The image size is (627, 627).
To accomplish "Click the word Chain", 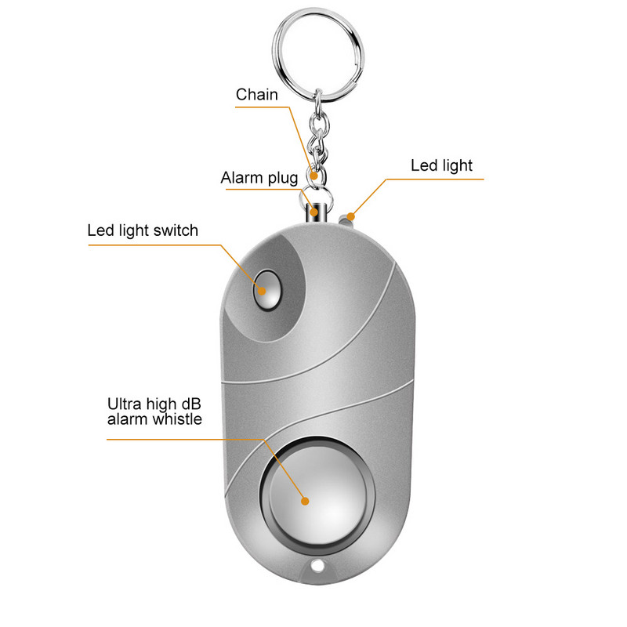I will pos(257,95).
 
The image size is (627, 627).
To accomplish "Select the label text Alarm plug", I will pos(259,178).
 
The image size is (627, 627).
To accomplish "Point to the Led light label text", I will pos(441,165).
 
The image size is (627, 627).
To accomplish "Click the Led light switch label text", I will pos(143,230).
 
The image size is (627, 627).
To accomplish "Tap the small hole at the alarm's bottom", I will pos(317,566).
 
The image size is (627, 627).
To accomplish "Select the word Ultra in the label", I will pos(125,404).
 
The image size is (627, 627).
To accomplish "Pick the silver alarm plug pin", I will pos(315,212).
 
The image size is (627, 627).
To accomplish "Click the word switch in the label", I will pos(176,230).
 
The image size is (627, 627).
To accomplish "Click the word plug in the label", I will pos(283,178).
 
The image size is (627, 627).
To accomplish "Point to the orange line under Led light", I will pos(439,179).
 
